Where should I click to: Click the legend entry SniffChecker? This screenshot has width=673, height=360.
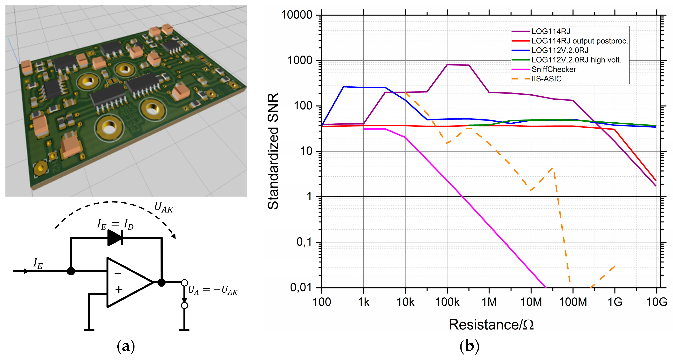[x=553, y=69]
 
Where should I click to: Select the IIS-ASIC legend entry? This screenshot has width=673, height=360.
[x=546, y=79]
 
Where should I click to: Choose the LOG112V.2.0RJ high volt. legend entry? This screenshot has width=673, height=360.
[x=576, y=60]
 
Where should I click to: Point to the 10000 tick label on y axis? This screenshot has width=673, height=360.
[x=297, y=15]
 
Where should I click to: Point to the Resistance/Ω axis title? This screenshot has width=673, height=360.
[x=491, y=325]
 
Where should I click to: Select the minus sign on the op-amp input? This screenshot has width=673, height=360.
[x=118, y=274]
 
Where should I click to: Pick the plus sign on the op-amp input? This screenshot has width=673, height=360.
[x=119, y=289]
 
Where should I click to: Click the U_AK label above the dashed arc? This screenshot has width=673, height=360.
[x=164, y=207]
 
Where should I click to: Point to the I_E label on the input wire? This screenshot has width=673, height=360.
[x=38, y=263]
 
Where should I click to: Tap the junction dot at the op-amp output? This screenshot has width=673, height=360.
[x=161, y=282]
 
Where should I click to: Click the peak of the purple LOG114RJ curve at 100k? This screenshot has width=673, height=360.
[x=447, y=65]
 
